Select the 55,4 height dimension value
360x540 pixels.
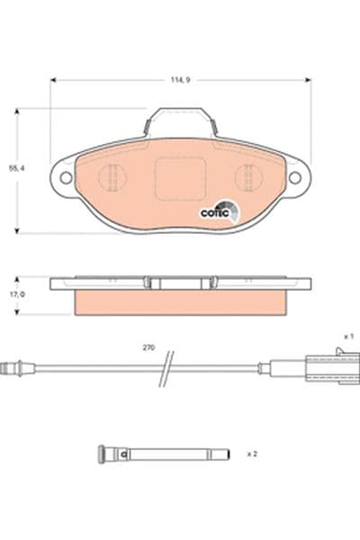coord(13,167)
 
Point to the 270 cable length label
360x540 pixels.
coord(148,346)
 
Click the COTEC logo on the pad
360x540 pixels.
coord(219,211)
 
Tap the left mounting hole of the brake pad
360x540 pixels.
coord(65,178)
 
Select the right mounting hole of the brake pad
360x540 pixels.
coord(294,178)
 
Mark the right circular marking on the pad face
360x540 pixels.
coord(247,177)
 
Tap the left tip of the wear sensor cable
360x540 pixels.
coord(7,366)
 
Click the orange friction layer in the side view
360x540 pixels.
coord(180,302)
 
